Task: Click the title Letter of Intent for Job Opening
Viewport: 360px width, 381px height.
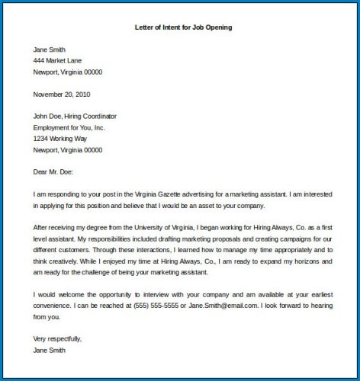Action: pyautogui.click(x=180, y=27)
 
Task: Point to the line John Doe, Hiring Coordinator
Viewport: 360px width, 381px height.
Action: pyautogui.click(x=75, y=116)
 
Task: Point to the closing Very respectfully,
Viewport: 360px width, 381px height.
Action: pyautogui.click(x=57, y=339)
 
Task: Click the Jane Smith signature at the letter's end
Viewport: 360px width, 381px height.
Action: pyautogui.click(x=50, y=351)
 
